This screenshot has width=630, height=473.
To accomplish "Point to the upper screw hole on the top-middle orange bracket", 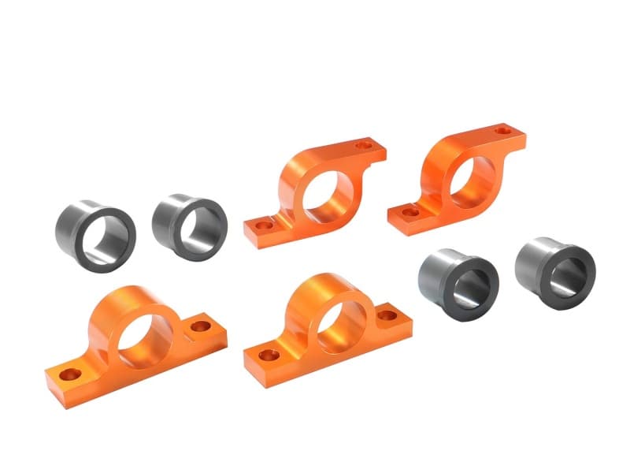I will pyautogui.click(x=363, y=144).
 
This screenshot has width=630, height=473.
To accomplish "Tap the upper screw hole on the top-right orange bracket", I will pyautogui.click(x=499, y=127).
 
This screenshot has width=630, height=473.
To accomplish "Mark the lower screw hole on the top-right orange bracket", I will pyautogui.click(x=410, y=211).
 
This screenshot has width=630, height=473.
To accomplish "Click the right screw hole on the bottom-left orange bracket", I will pyautogui.click(x=202, y=325).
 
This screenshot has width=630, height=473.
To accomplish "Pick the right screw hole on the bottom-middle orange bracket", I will pyautogui.click(x=387, y=315).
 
